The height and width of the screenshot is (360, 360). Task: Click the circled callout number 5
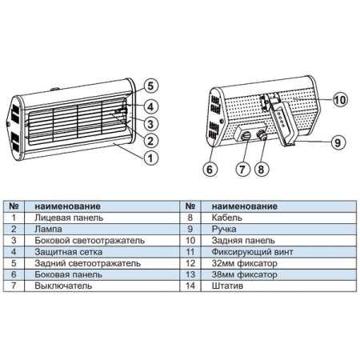coord(150,86)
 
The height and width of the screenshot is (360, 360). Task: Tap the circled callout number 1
coord(150,158)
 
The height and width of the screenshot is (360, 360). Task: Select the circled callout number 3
coord(150,124)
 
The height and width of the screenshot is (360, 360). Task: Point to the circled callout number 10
coord(340,100)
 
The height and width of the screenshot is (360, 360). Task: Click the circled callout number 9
coord(338,142)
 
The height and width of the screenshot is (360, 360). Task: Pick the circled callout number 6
coord(210,170)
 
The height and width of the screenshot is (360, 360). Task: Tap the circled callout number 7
coord(242,170)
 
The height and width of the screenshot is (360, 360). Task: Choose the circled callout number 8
coord(262,170)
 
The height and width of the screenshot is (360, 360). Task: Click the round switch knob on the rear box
coord(246,136)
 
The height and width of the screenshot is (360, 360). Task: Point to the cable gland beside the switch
coord(262,135)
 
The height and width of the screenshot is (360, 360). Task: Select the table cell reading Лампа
coord(48,229)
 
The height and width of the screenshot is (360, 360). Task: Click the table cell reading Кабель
coord(227,218)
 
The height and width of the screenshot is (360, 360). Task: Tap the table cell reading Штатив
coord(227,286)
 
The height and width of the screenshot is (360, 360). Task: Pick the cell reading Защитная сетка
coord(69,252)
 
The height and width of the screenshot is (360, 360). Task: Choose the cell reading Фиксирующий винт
coord(253,252)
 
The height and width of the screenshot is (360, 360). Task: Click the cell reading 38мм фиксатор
coord(245,274)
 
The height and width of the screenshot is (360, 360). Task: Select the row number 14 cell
coord(190,286)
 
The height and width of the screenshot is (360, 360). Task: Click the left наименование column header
coord(68,206)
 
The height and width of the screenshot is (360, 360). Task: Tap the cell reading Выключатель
coord(63,286)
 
